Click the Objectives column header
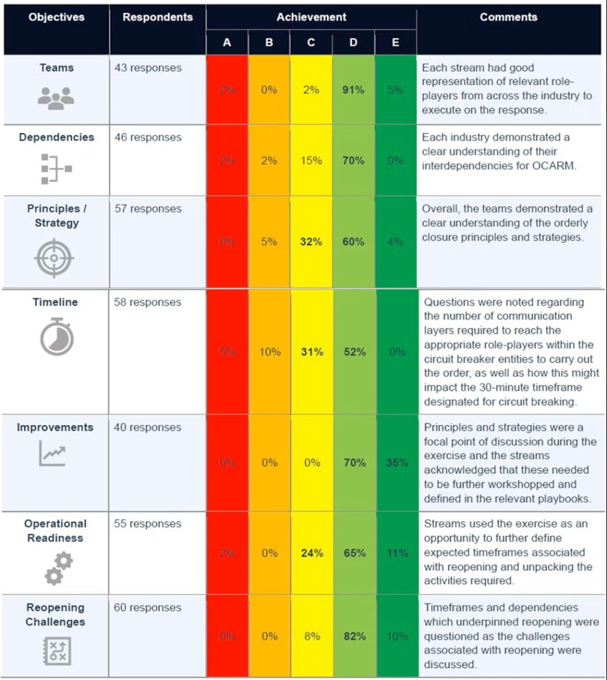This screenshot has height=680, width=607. (56, 17)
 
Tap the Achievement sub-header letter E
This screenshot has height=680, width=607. (395, 42)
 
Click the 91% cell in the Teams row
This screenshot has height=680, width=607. (354, 90)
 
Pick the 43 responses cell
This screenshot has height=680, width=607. (147, 68)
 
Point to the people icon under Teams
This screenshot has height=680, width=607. (56, 98)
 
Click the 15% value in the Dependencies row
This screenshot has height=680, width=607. (311, 160)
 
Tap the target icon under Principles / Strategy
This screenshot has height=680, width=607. (56, 258)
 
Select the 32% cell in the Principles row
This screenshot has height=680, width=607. (311, 242)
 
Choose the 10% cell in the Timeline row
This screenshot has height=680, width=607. (269, 352)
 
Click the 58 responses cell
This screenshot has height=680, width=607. (147, 302)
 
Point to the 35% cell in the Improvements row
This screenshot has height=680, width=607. (395, 463)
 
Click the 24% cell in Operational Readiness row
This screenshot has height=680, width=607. (311, 552)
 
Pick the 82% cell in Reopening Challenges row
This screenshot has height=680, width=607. (354, 636)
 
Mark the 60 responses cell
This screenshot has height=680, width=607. (147, 608)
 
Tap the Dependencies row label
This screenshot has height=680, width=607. (56, 137)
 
